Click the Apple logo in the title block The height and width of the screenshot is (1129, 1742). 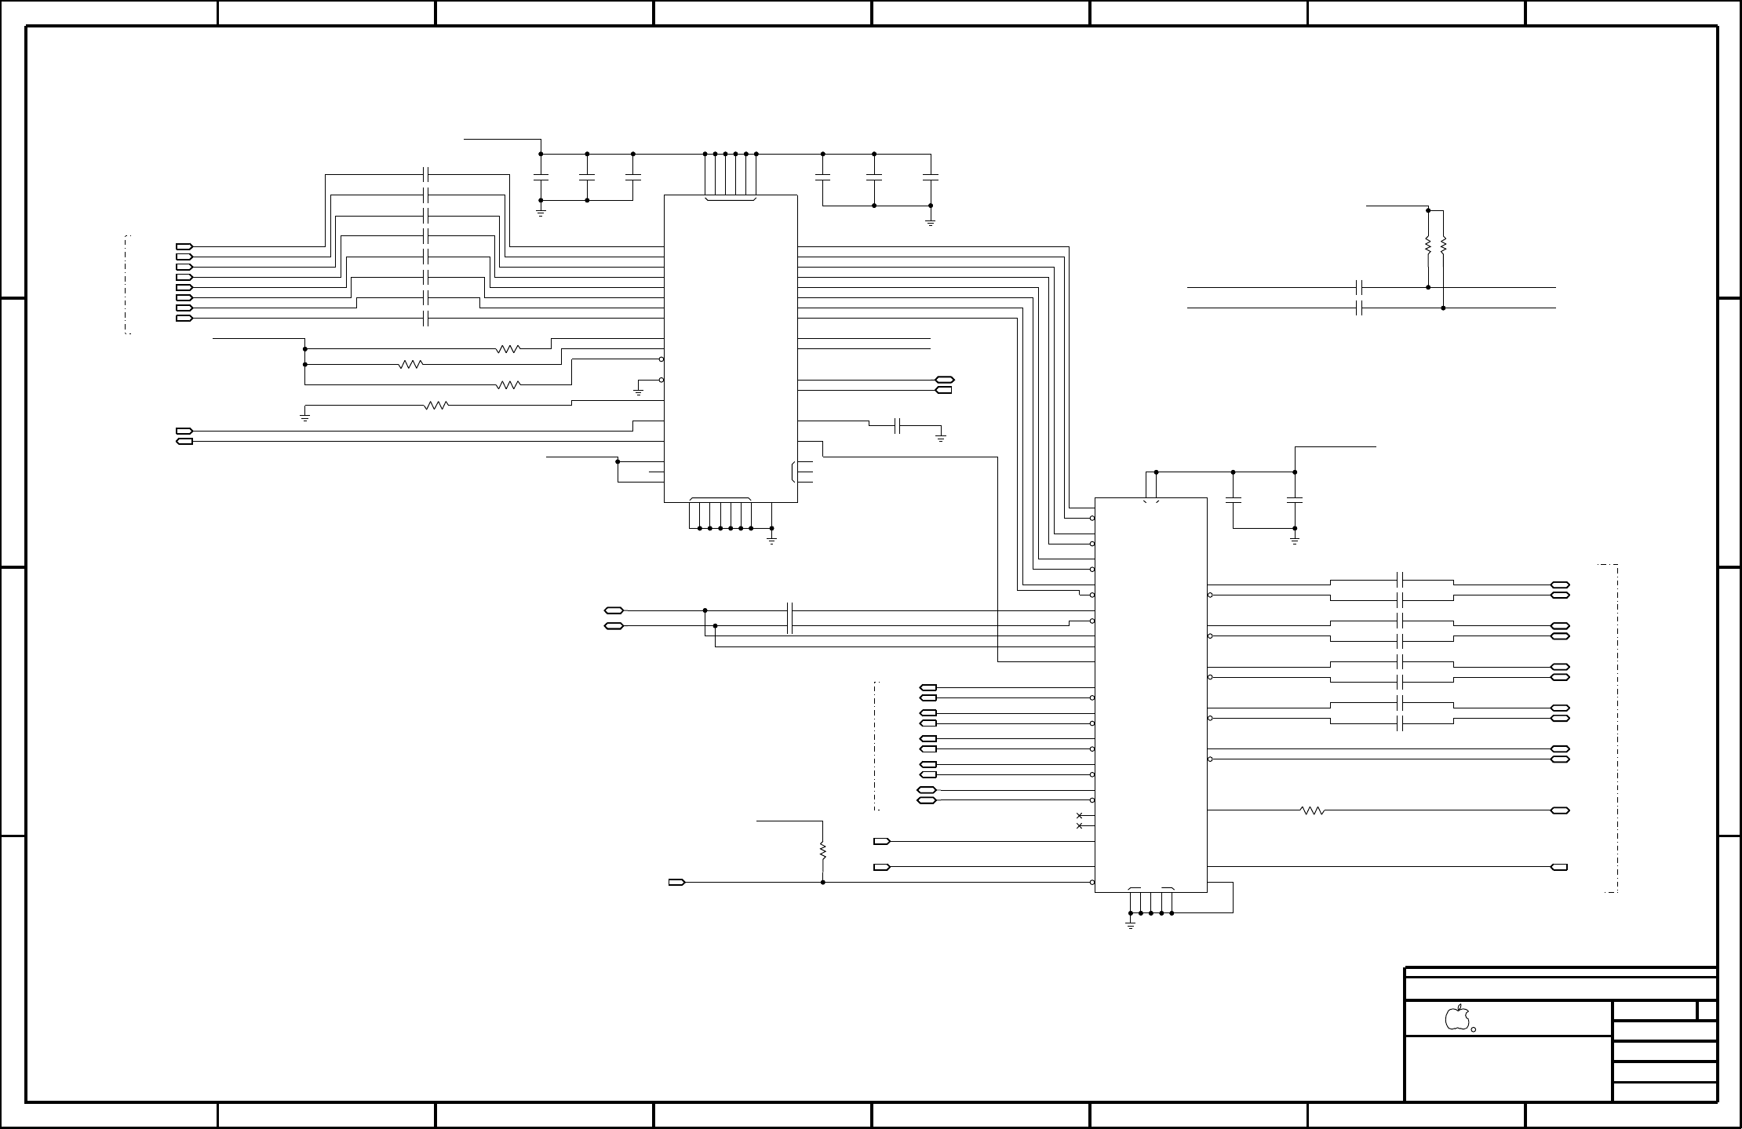(1456, 1017)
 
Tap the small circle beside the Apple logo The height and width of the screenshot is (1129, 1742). (1474, 1029)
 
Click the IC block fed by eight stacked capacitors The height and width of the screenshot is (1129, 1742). (731, 348)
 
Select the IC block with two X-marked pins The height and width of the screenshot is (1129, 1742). (1150, 694)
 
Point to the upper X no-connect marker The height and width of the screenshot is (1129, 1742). (1079, 816)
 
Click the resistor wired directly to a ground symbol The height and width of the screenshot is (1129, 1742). (435, 406)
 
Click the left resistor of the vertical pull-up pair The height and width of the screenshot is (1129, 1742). (1428, 246)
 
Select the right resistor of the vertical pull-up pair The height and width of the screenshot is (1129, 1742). (1443, 246)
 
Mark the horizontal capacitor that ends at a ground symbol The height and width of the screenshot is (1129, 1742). (900, 426)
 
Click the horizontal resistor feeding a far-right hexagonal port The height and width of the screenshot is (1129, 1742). (1313, 810)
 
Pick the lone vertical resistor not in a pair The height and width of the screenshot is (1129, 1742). (822, 850)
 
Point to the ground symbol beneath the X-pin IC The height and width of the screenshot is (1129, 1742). (1131, 925)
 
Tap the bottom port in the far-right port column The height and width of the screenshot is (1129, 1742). (1560, 867)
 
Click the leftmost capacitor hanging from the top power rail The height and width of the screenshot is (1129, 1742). (541, 177)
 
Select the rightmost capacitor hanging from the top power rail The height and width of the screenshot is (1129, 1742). (931, 178)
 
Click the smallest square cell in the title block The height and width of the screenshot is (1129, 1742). (1707, 1011)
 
